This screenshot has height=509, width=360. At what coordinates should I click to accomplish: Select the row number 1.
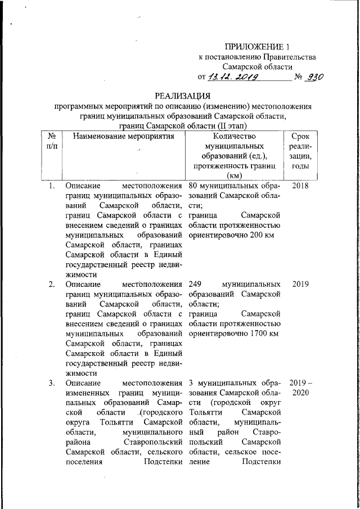coord(51,186)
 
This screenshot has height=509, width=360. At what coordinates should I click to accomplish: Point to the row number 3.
coord(51,384)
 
